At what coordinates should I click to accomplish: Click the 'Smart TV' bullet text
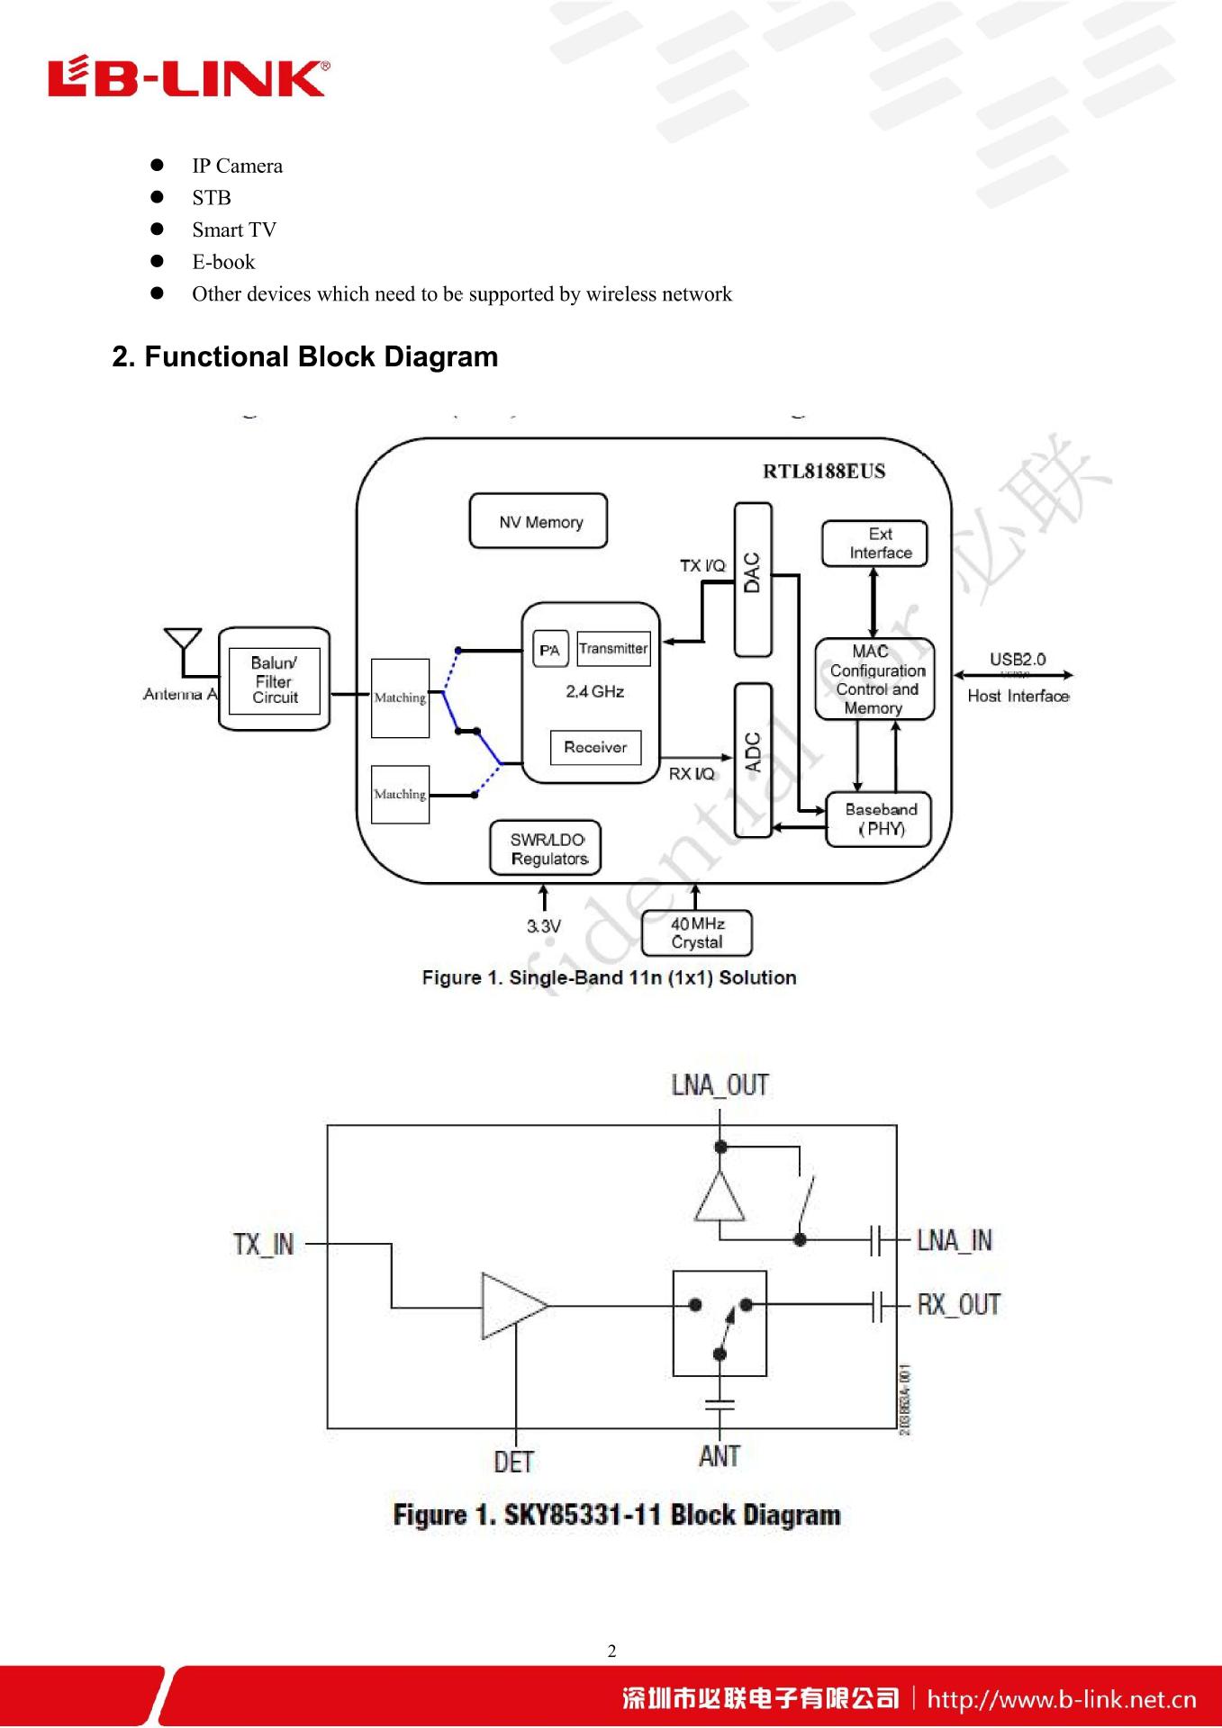[x=234, y=230]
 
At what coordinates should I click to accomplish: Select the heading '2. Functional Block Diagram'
[x=304, y=357]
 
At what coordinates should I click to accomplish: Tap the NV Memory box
[x=539, y=521]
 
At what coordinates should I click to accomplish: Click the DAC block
[x=753, y=579]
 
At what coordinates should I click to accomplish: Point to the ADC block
[x=753, y=759]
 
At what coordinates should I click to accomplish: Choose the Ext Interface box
[x=874, y=544]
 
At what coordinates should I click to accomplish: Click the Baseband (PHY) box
[x=879, y=819]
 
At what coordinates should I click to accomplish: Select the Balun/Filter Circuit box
[x=275, y=679]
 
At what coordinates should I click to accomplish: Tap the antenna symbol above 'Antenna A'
[x=183, y=641]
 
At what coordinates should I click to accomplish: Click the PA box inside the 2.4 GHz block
[x=550, y=649]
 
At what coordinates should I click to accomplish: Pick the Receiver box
[x=595, y=747]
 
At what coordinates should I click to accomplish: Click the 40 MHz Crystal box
[x=696, y=933]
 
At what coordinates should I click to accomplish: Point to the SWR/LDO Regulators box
[x=546, y=849]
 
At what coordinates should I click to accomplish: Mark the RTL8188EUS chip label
[x=824, y=472]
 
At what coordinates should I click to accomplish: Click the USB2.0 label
[x=1018, y=660]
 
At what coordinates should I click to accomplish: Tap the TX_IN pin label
[x=263, y=1245]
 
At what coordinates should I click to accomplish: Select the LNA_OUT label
[x=720, y=1085]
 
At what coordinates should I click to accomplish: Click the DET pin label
[x=513, y=1462]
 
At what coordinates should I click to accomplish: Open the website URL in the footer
[x=1062, y=1699]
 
